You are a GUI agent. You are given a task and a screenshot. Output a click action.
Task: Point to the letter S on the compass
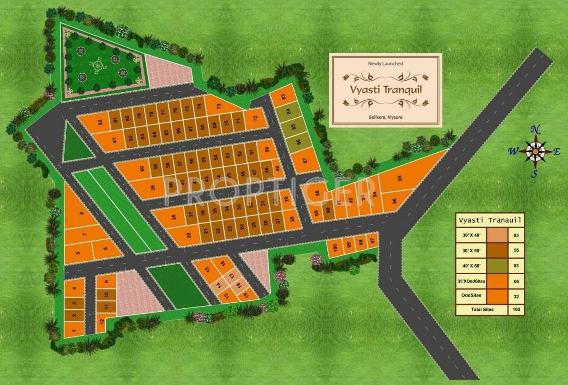point(535,174)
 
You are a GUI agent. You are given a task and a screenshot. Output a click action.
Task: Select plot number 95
point(400,178)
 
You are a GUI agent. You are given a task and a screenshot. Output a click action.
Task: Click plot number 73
point(219,106)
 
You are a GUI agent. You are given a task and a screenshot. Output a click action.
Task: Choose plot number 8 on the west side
point(81,214)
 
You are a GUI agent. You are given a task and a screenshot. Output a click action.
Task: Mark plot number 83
point(284,97)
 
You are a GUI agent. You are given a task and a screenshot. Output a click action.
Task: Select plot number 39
point(152,187)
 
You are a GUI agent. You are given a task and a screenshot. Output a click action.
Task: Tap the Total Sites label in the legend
point(482,309)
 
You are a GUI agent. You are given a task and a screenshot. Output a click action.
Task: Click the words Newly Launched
point(385,64)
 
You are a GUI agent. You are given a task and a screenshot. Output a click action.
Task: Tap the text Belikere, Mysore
point(385,117)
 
